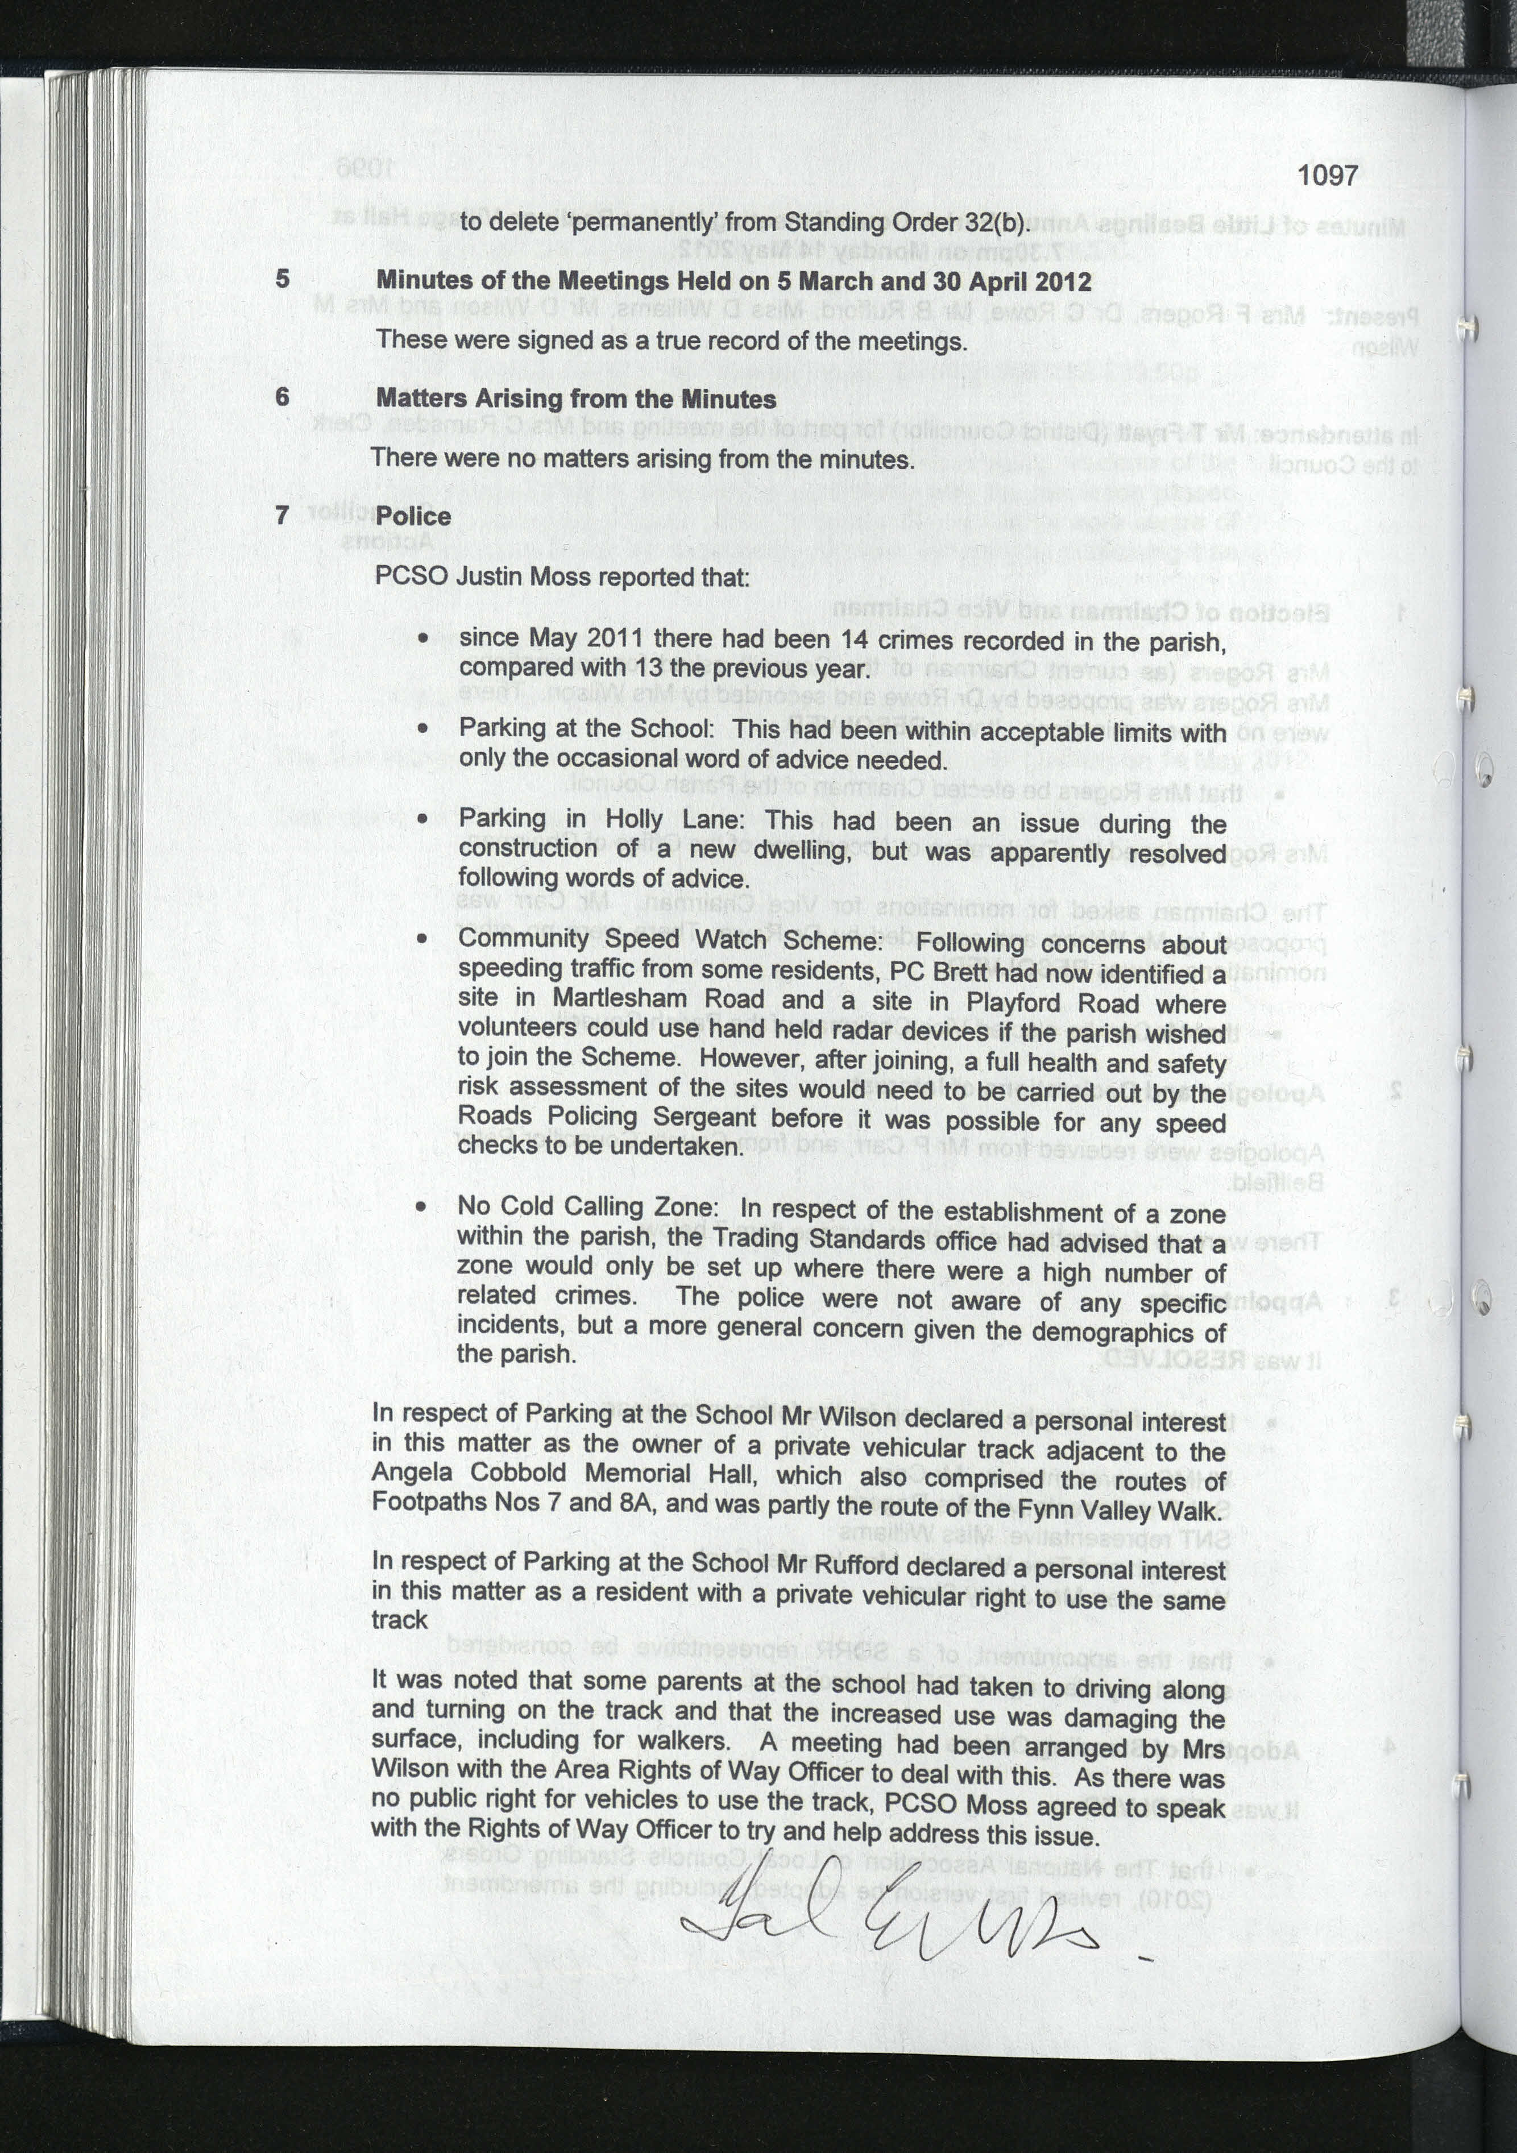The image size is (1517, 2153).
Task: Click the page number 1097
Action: point(1328,175)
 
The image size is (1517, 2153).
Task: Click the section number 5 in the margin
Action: point(282,279)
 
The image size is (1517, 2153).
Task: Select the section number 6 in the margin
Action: point(282,397)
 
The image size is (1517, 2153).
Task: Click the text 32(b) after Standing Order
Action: point(997,223)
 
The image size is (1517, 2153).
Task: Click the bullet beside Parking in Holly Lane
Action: point(424,819)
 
